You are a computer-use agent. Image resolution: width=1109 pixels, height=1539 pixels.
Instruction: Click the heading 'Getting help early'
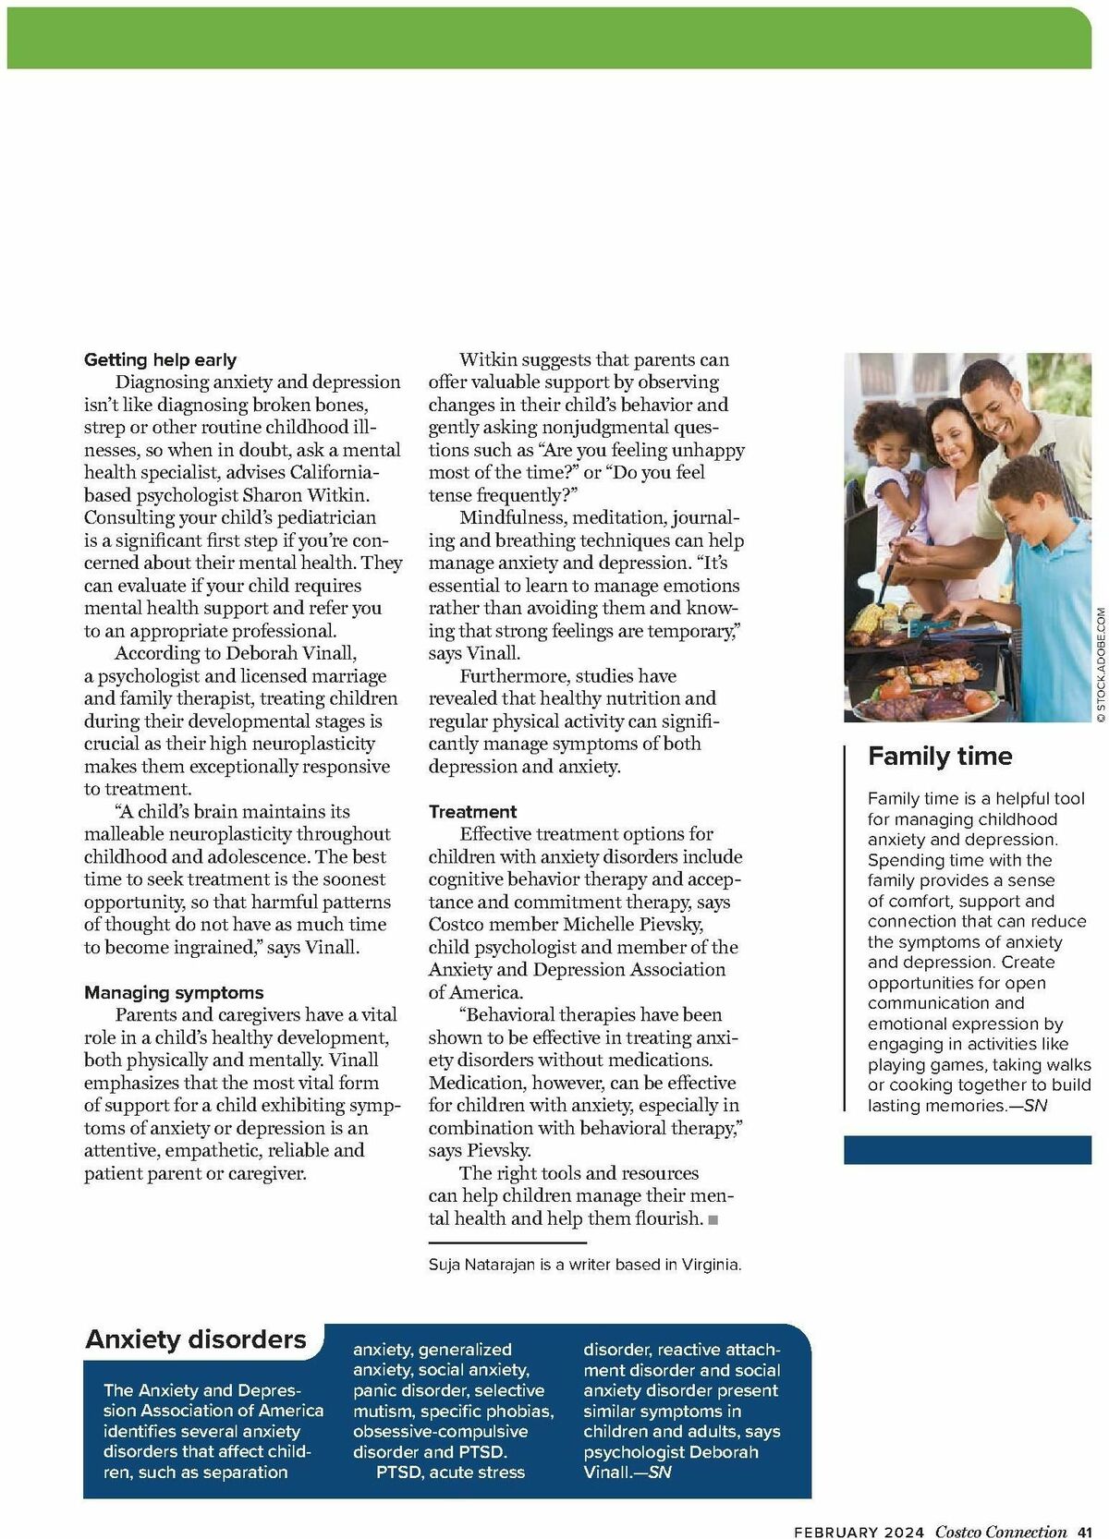[x=160, y=359]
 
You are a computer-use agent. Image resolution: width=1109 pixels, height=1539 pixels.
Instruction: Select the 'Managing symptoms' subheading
[x=174, y=992]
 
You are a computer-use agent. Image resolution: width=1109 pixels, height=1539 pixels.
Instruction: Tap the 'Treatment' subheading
[x=472, y=811]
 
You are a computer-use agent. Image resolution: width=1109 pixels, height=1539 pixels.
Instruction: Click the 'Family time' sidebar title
[x=940, y=757]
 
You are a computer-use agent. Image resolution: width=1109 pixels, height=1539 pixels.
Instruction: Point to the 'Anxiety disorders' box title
[x=196, y=1339]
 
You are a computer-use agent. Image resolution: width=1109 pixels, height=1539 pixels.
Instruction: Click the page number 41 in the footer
[x=1085, y=1532]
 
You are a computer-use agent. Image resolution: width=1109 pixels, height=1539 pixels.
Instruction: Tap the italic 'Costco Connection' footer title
[x=1001, y=1532]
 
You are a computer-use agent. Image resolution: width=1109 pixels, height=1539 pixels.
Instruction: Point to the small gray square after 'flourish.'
[x=713, y=1220]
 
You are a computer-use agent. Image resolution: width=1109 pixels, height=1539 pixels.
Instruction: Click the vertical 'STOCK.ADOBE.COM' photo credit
[x=1101, y=663]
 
